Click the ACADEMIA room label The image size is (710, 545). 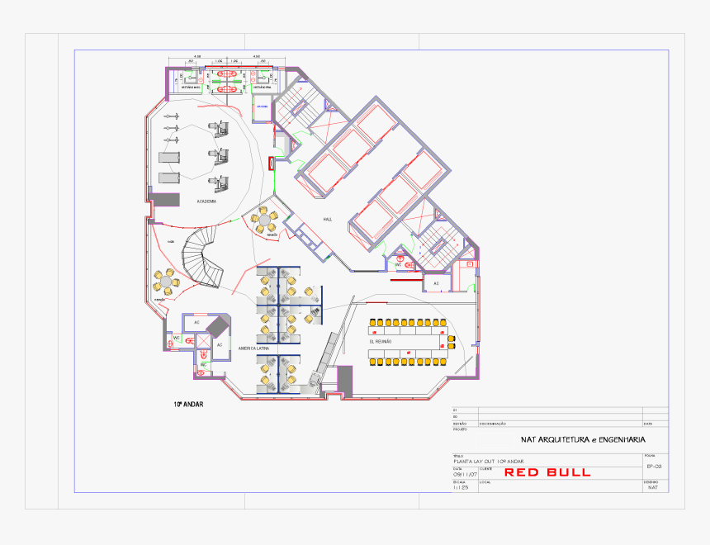(x=206, y=201)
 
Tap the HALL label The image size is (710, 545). (x=327, y=219)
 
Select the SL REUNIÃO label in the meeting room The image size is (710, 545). (x=380, y=341)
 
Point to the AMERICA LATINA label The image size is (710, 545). (x=254, y=349)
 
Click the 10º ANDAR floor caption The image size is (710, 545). (x=187, y=405)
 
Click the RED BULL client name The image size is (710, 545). (x=547, y=472)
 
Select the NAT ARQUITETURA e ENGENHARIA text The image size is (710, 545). (x=583, y=440)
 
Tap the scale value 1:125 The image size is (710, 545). (x=460, y=488)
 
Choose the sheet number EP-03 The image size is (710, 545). (x=654, y=467)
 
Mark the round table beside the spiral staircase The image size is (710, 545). (x=167, y=282)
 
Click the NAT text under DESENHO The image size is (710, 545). (x=654, y=488)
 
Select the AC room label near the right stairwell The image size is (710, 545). (x=436, y=283)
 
